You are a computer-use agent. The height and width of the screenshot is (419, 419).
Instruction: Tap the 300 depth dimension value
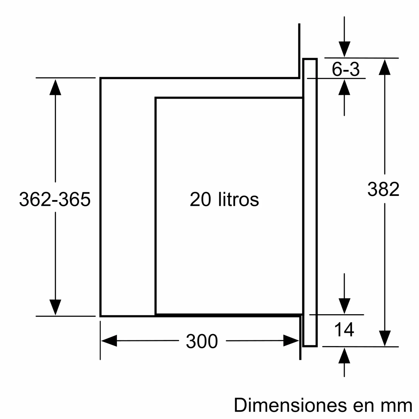click(x=202, y=341)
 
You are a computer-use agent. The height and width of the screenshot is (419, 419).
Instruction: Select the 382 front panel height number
click(x=383, y=189)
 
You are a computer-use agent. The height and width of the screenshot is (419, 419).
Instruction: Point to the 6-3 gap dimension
click(x=345, y=70)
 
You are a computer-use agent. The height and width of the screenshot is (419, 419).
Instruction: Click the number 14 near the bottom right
click(x=344, y=330)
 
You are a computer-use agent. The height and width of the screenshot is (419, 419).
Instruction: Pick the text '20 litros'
click(x=224, y=200)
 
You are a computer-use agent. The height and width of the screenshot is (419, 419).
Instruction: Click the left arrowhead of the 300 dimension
click(x=109, y=341)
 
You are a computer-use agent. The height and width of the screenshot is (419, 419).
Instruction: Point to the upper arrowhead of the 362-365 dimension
click(x=55, y=87)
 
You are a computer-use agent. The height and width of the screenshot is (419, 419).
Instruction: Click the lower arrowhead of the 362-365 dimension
click(x=55, y=307)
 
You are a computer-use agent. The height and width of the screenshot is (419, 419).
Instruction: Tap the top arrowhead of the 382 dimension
click(x=384, y=67)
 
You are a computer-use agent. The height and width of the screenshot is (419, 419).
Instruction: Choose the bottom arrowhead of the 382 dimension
click(x=384, y=338)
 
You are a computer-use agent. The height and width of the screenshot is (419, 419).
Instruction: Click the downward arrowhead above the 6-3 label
click(x=344, y=49)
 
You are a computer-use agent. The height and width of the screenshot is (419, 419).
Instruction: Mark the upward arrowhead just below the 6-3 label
click(x=344, y=88)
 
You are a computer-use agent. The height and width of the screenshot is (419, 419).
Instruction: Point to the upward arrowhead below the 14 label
click(x=344, y=356)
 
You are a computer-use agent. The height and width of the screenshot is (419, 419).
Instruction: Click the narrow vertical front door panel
click(x=310, y=203)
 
